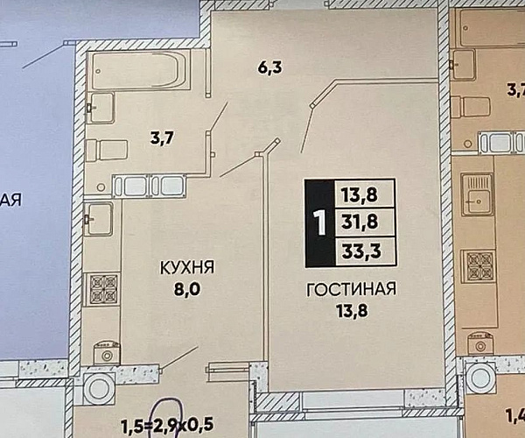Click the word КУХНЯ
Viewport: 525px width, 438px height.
click(x=187, y=267)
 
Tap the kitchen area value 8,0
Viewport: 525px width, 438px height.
click(x=187, y=289)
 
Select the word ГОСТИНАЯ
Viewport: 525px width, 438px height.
click(x=351, y=289)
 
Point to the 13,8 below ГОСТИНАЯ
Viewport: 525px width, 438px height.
click(x=352, y=311)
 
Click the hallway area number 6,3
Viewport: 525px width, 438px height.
click(x=269, y=67)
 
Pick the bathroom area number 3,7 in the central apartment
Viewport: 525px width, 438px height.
click(x=162, y=138)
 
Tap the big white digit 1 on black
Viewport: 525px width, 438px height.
click(x=320, y=223)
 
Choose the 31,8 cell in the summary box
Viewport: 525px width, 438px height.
click(x=364, y=222)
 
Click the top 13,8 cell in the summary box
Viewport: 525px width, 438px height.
click(x=364, y=194)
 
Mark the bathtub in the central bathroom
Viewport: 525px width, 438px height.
click(x=138, y=70)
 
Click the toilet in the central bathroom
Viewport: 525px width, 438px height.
click(x=107, y=151)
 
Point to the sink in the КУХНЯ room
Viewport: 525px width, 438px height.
click(x=98, y=219)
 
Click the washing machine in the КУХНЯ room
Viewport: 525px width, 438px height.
click(x=107, y=353)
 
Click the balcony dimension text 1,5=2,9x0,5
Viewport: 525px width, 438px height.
click(x=167, y=426)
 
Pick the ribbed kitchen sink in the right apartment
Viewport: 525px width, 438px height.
click(x=477, y=194)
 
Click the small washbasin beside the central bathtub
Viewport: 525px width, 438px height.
click(x=101, y=108)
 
